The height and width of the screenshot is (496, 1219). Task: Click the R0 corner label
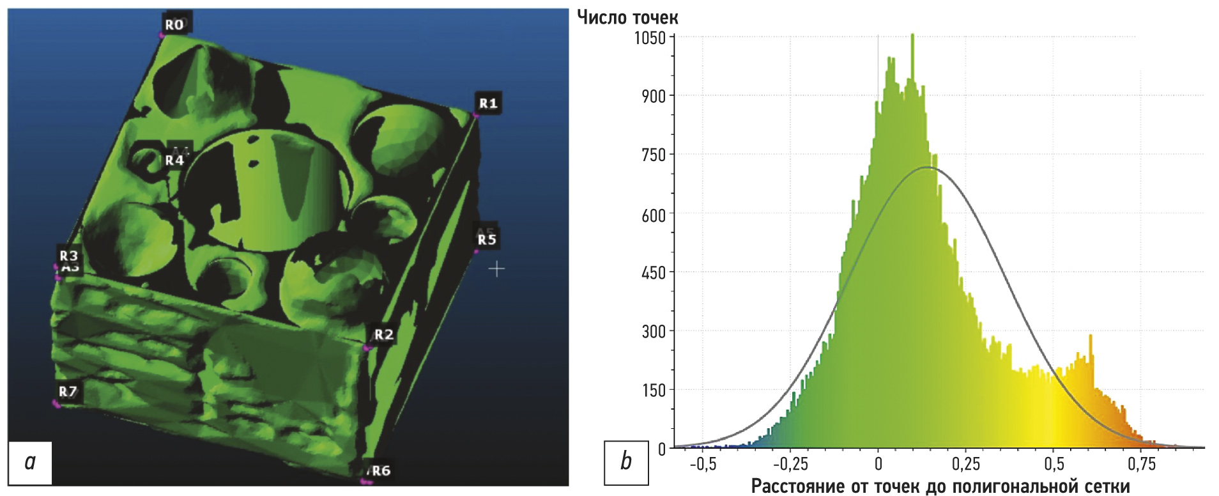click(x=174, y=25)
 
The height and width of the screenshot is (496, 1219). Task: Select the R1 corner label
click(x=488, y=103)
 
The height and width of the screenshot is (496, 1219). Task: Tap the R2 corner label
click(x=383, y=334)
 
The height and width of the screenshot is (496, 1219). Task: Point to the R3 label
click(x=68, y=256)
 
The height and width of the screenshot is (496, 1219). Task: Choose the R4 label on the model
click(x=174, y=160)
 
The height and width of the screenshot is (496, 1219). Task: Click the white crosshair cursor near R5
click(x=496, y=270)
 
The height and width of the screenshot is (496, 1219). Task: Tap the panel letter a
click(x=30, y=461)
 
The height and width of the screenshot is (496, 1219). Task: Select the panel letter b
click(x=626, y=461)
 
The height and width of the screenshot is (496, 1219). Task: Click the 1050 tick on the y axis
click(x=649, y=38)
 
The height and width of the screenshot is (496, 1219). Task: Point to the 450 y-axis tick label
click(x=653, y=273)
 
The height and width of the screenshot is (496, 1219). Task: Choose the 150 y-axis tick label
click(x=653, y=390)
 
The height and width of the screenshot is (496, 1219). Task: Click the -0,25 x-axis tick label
click(x=790, y=464)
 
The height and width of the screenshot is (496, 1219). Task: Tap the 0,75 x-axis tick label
click(x=1142, y=464)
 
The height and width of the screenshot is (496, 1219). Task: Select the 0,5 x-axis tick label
click(x=1054, y=464)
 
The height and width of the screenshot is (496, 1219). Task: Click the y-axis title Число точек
click(x=627, y=17)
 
